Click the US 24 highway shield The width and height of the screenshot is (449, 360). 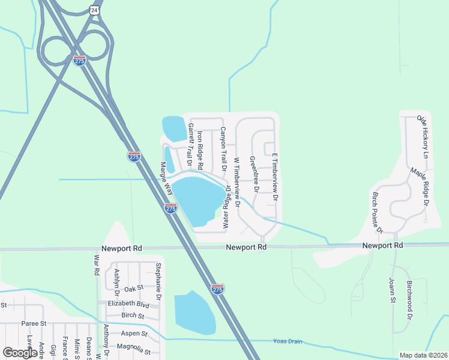[x=93, y=10]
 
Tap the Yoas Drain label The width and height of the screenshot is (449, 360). [x=288, y=342]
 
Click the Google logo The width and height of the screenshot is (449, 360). [x=20, y=353]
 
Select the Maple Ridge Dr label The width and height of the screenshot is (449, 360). [x=420, y=187]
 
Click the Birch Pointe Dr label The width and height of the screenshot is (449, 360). [x=378, y=213]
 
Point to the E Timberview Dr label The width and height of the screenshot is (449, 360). [x=276, y=176]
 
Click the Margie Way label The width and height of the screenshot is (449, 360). [x=166, y=178]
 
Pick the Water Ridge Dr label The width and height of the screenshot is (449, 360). [x=228, y=206]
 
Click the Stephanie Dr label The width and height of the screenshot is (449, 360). [x=158, y=281]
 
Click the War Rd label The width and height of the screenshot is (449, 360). [x=95, y=265]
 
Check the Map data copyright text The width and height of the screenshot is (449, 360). [x=423, y=355]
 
